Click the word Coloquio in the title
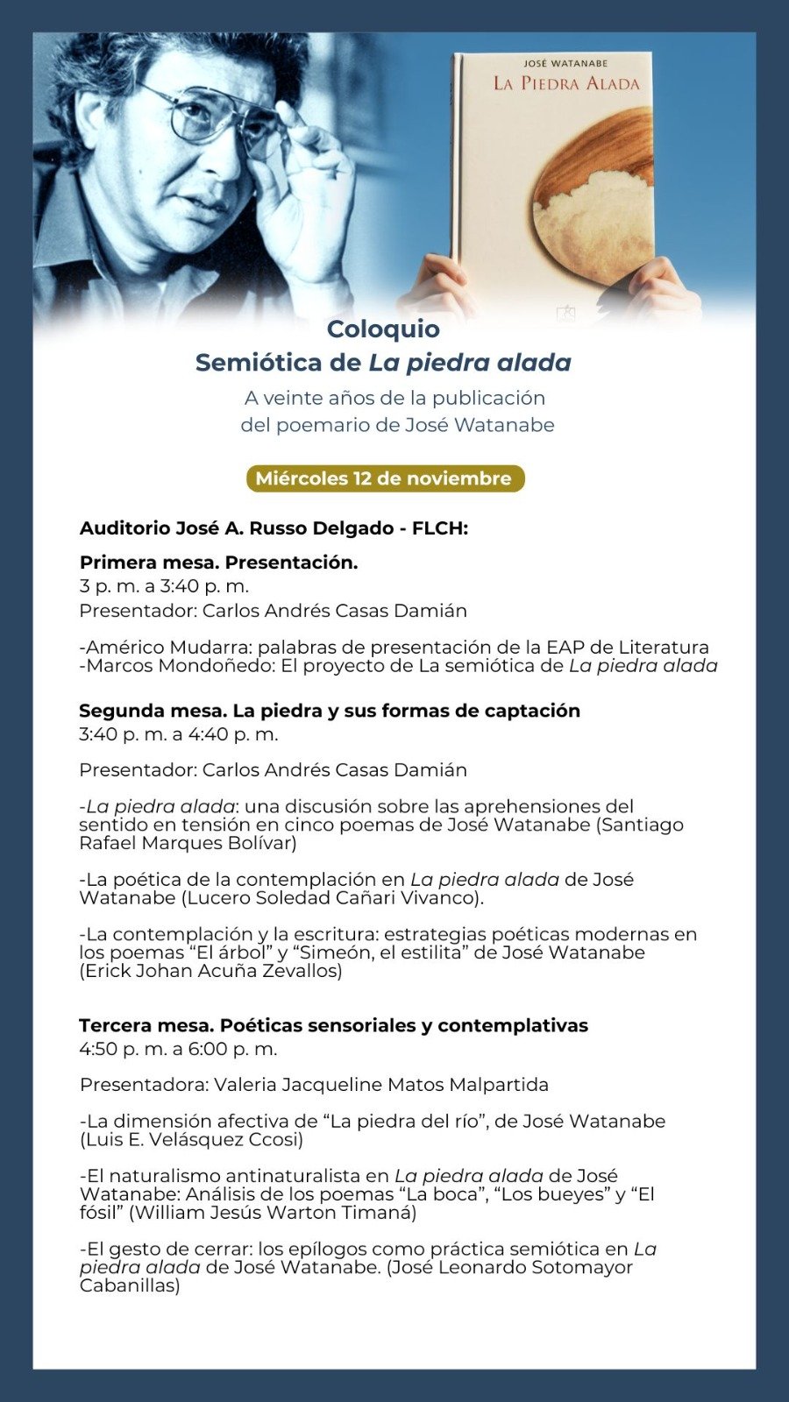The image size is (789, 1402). point(383,329)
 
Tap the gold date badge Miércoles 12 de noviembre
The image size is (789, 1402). point(384,478)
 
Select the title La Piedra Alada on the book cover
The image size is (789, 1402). point(566,84)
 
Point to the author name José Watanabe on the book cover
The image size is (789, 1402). point(565,63)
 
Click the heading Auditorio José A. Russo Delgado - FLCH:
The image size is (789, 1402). point(274,528)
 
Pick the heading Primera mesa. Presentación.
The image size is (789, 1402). point(218,563)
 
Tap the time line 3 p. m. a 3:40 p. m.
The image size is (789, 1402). point(164,586)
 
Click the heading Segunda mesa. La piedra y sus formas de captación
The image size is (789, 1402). point(330,711)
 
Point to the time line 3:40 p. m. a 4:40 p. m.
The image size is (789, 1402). point(179,734)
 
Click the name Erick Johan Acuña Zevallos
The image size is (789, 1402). point(211,971)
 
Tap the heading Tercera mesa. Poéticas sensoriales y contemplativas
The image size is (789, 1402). point(333,1025)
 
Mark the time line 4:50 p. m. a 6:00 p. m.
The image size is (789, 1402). point(178,1049)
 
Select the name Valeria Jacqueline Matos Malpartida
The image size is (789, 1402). point(381,1085)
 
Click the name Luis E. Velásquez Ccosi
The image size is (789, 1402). point(192,1140)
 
